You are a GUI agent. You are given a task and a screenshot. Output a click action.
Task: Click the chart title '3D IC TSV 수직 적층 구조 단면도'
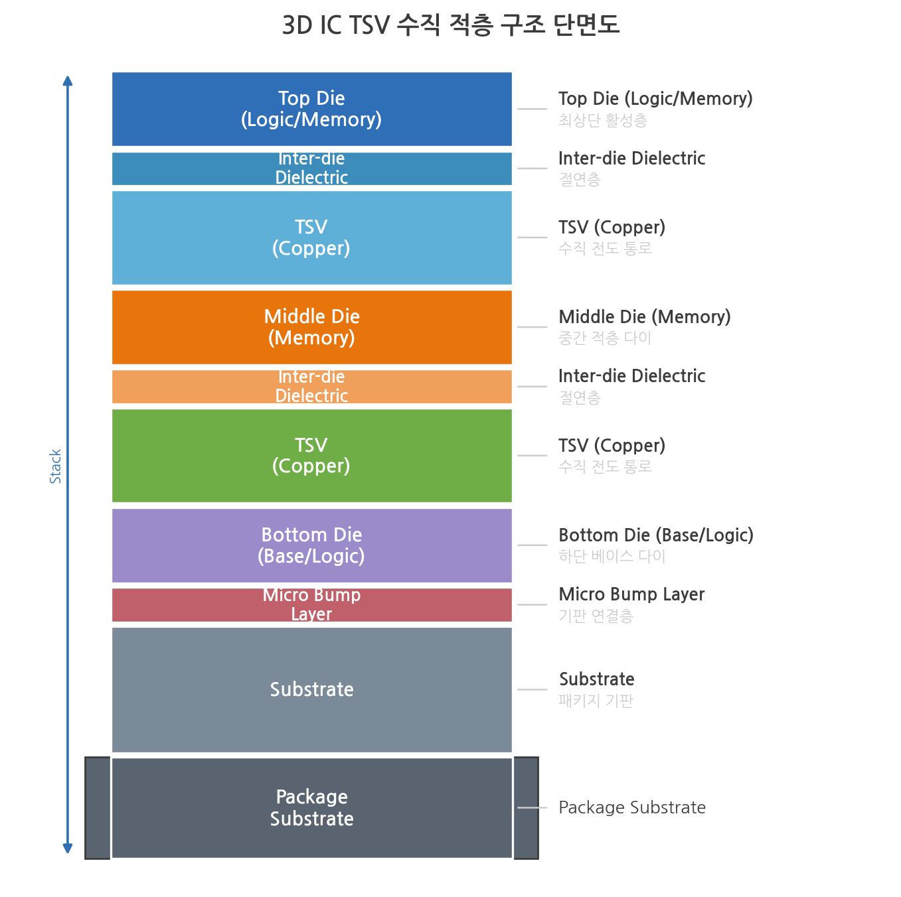click(x=450, y=25)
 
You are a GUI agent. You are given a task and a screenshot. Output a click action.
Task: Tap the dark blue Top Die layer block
click(x=311, y=109)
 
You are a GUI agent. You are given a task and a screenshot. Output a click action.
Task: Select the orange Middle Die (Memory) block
click(x=311, y=327)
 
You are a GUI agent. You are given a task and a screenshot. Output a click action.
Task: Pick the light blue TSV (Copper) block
click(x=311, y=238)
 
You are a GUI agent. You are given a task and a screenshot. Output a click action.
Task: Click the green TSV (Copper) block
click(x=311, y=456)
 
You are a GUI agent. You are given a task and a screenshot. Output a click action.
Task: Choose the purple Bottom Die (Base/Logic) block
click(x=311, y=545)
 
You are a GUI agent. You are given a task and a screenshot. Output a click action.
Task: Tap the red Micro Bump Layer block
click(x=311, y=605)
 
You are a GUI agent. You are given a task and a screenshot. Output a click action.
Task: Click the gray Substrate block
click(x=311, y=689)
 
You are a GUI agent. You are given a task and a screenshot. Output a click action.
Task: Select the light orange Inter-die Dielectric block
click(x=311, y=387)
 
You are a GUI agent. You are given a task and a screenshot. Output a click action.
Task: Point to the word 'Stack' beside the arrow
click(x=55, y=466)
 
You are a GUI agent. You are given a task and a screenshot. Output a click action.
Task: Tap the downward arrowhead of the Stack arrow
click(x=68, y=849)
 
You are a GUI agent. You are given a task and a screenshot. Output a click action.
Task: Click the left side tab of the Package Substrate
click(x=97, y=807)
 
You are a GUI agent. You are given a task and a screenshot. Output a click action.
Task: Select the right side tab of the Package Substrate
click(x=526, y=807)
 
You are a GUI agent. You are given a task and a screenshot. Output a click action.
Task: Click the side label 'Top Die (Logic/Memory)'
click(x=655, y=99)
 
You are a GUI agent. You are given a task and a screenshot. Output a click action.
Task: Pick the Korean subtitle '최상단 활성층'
click(x=603, y=120)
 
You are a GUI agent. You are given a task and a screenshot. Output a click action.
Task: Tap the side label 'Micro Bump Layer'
click(x=631, y=594)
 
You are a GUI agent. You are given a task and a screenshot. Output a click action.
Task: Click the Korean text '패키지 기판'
click(x=596, y=700)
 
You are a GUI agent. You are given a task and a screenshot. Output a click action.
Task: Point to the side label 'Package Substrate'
click(x=631, y=807)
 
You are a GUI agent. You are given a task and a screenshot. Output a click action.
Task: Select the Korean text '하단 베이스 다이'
click(x=612, y=556)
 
